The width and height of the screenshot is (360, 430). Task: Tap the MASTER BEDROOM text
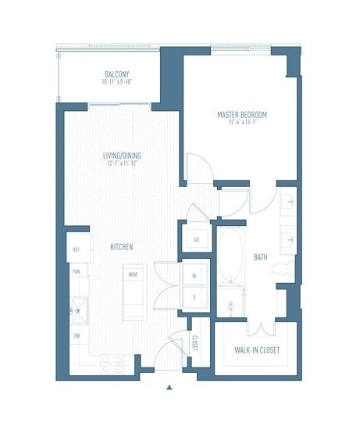pyautogui.click(x=241, y=115)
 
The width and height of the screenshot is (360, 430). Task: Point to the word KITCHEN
pyautogui.click(x=121, y=247)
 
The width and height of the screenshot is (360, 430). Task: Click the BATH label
pyautogui.click(x=261, y=256)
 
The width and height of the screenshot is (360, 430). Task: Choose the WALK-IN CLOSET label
pyautogui.click(x=257, y=350)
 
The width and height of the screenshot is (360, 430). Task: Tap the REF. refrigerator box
pyautogui.click(x=77, y=249)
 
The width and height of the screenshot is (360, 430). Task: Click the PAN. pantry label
pyautogui.click(x=77, y=271)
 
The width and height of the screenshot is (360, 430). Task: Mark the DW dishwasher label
pyautogui.click(x=77, y=335)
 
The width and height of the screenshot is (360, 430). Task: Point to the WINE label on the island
pyautogui.click(x=133, y=275)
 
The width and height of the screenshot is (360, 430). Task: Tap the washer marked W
pyautogui.click(x=195, y=275)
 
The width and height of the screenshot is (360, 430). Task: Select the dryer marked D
pyautogui.click(x=195, y=297)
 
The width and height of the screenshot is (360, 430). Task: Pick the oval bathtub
pyautogui.click(x=230, y=255)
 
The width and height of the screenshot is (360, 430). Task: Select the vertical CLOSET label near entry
pyautogui.click(x=194, y=343)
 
